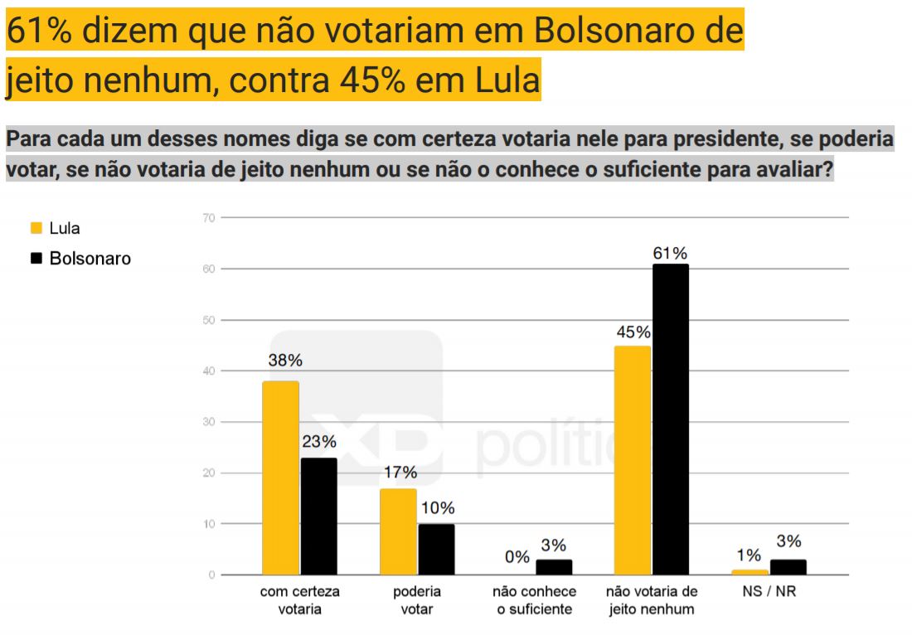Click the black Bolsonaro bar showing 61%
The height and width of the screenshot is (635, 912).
[670, 419]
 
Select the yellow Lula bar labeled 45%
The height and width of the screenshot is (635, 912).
[633, 460]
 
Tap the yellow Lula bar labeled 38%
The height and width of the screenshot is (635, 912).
[280, 477]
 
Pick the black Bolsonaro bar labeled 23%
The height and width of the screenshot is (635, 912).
[318, 516]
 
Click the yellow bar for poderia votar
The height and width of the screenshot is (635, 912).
[398, 531]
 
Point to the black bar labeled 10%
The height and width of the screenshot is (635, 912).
[436, 549]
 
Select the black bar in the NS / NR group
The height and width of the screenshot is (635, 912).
[788, 567]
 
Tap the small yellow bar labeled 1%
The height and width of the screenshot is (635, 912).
[750, 572]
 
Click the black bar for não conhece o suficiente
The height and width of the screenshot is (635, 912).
[554, 567]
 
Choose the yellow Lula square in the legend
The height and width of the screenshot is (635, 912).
[36, 229]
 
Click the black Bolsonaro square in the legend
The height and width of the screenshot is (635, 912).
[36, 259]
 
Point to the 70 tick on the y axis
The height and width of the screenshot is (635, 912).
[208, 218]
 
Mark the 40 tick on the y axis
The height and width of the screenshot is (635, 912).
[208, 371]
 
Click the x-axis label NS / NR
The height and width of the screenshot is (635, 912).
[769, 593]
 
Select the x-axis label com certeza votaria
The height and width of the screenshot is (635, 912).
[299, 601]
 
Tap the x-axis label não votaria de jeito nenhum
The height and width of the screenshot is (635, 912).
[651, 601]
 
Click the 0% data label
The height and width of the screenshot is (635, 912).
[517, 557]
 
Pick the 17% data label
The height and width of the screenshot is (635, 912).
[400, 473]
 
